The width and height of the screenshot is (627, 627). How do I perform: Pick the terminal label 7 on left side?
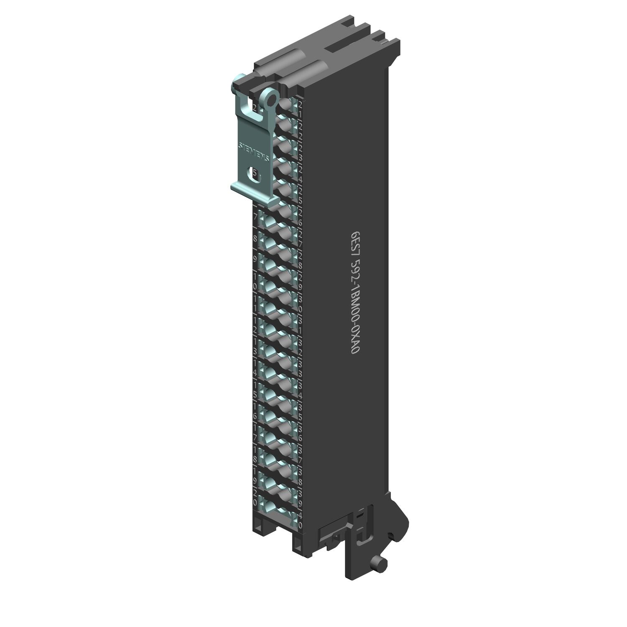coord(255,217)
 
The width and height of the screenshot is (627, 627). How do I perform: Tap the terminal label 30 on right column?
coord(300,303)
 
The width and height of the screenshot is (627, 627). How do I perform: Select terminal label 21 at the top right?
coord(300,108)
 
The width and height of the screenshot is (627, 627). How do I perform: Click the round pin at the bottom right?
coord(380,564)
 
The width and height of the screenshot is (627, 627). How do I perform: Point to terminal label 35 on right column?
coord(300,412)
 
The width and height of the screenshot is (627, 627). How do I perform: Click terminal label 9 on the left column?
coord(255,259)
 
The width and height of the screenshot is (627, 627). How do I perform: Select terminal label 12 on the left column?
coord(255,324)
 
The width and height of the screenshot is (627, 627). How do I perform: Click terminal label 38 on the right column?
coord(300,477)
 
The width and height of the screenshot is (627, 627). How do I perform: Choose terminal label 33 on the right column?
coord(300,368)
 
